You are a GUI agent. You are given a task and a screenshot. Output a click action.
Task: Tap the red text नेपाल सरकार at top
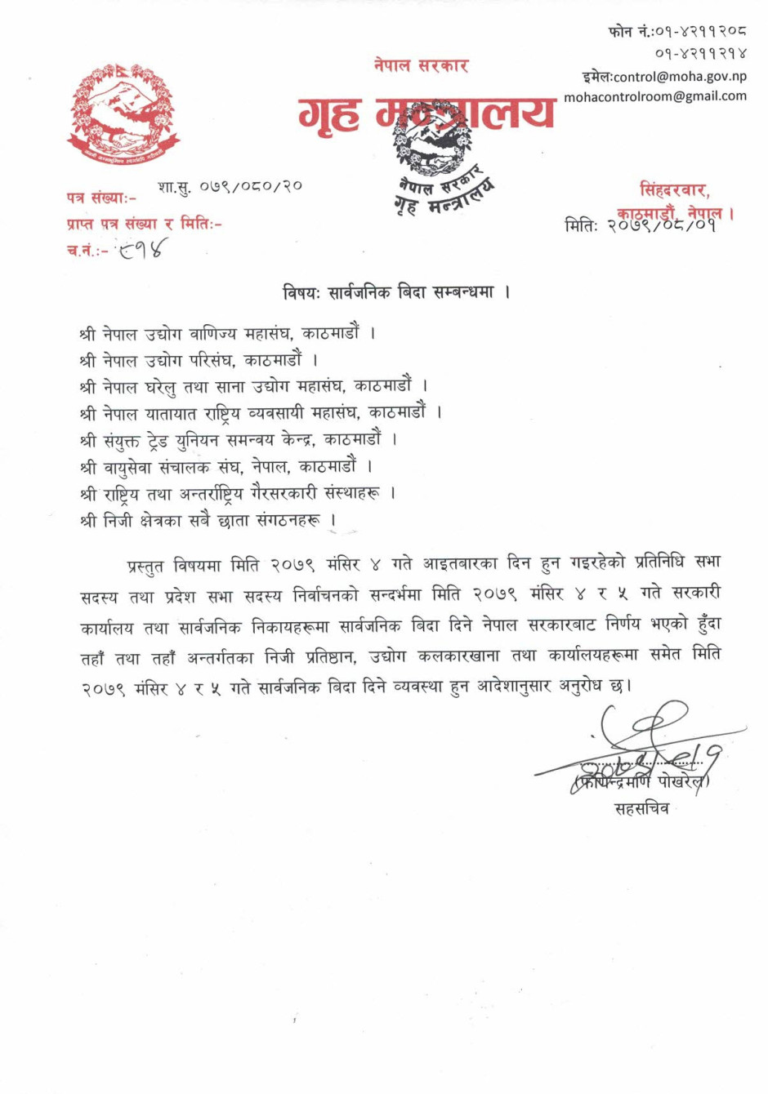coord(421,65)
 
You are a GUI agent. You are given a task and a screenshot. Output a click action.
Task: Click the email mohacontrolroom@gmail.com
coord(655,96)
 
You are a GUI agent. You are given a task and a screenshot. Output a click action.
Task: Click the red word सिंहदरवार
coord(673,190)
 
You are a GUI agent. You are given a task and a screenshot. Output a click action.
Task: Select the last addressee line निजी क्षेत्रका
coord(208,520)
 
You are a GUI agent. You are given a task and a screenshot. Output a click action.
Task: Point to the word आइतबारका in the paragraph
coord(460,563)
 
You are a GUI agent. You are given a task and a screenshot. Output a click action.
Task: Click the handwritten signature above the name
coord(645,747)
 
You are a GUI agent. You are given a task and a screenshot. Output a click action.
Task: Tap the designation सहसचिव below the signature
coord(641,809)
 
